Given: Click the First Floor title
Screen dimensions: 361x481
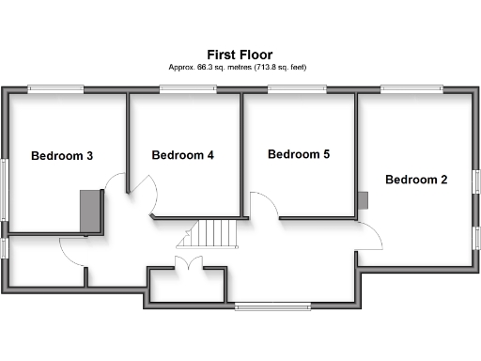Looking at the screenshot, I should coord(240,55).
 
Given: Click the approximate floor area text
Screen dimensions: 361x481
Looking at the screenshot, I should coord(240,68).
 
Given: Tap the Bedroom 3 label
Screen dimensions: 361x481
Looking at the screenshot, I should coord(62,156).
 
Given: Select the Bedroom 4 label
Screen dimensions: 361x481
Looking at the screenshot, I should coord(183,155).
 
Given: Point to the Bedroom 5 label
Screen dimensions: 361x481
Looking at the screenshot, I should coord(299,154).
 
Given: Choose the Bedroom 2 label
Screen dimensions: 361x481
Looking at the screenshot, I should coord(416,180).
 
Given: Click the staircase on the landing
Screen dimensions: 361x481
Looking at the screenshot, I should coord(213,234).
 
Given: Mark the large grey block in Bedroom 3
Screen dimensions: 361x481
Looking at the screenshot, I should coord(90,211).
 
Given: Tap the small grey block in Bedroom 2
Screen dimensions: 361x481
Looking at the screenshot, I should coord(363,199).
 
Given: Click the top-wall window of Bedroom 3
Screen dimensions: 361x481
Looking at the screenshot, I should coord(55,89).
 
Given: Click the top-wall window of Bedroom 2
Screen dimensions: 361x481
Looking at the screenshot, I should coord(411,89).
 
